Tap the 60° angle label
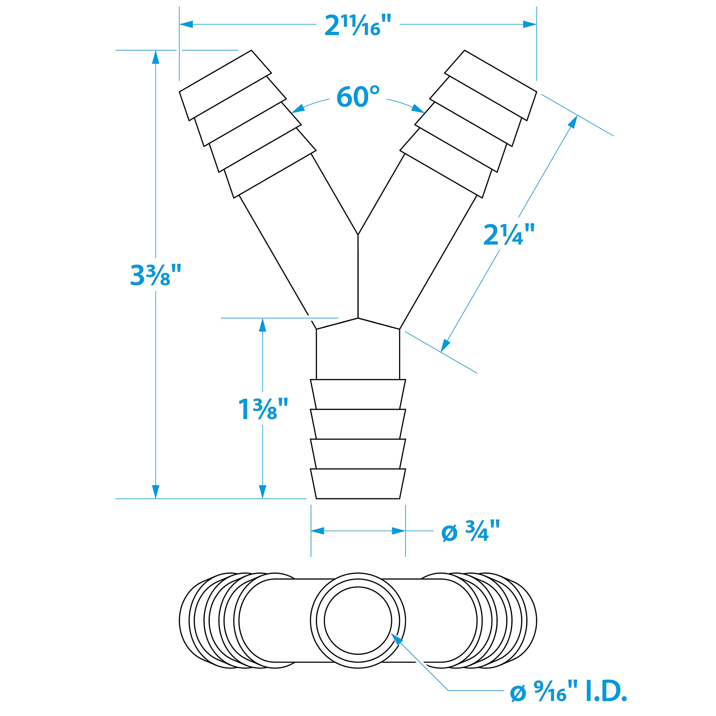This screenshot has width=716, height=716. click(x=358, y=97)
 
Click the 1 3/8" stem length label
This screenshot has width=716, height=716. click(x=262, y=409)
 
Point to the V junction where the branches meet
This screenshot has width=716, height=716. click(x=358, y=234)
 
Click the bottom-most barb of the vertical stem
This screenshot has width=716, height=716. click(x=358, y=483)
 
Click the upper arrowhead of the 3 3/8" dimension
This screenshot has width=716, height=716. click(x=156, y=57)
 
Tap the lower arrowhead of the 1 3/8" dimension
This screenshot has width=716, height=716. click(x=262, y=491)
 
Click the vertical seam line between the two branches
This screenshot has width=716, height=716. click(x=358, y=276)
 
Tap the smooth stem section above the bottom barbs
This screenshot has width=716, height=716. click(x=358, y=354)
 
